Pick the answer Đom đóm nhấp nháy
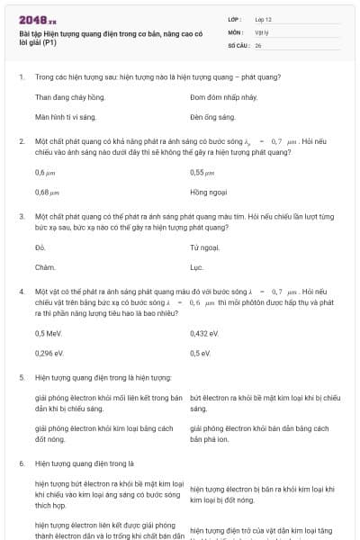click(224, 96)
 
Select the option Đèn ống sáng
click(212, 117)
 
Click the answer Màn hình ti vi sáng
click(66, 117)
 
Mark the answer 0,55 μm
click(202, 171)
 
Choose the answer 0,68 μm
click(47, 192)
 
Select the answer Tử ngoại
click(205, 247)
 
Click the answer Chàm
click(45, 267)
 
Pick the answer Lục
click(197, 267)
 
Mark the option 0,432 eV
click(205, 333)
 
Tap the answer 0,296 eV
click(49, 354)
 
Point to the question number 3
click(21, 217)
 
